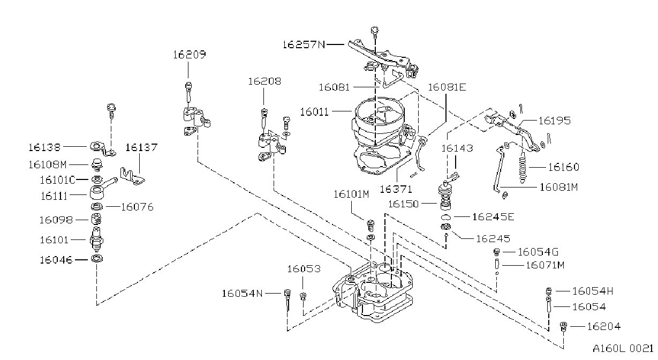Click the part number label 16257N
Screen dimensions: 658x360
click(x=304, y=44)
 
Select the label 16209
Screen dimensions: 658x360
click(x=190, y=54)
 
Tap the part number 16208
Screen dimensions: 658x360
click(x=264, y=81)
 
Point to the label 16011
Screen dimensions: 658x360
click(x=314, y=112)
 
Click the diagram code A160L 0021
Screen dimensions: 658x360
click(x=623, y=348)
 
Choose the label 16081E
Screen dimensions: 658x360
click(x=447, y=87)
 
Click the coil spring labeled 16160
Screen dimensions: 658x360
click(x=523, y=168)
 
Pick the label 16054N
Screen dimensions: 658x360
click(x=242, y=293)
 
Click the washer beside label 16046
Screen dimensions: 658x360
click(x=97, y=259)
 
